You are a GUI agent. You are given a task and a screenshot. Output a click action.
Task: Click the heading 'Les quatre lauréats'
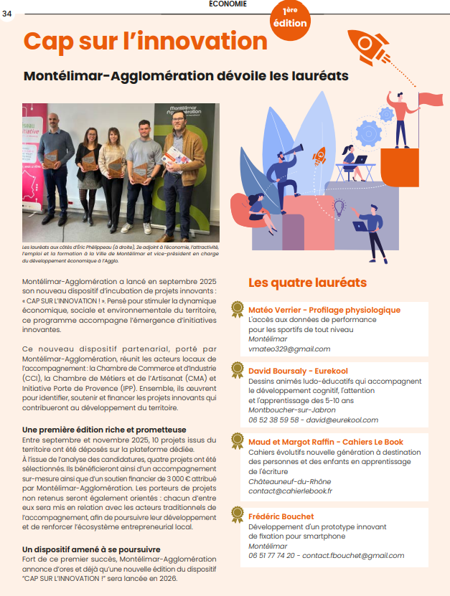(307, 283)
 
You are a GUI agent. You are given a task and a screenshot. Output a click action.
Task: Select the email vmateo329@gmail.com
(289, 349)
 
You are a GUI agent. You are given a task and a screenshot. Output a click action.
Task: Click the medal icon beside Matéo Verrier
(236, 310)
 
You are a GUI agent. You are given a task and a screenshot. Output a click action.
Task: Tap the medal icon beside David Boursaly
(236, 370)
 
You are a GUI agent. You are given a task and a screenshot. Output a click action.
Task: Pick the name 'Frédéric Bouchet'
(281, 516)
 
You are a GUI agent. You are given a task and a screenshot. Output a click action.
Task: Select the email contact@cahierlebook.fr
(290, 491)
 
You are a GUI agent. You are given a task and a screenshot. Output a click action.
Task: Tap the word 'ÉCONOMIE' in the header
(228, 4)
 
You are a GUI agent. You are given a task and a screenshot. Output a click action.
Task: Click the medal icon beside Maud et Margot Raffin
(236, 440)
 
